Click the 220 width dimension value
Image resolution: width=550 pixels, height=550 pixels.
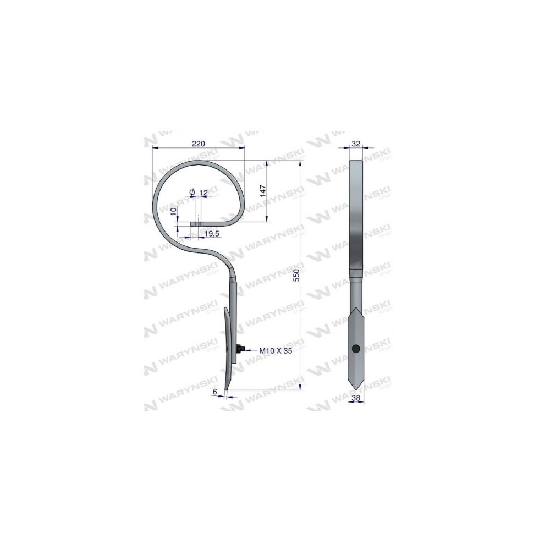point(198,144)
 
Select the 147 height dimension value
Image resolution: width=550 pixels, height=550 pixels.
point(263,190)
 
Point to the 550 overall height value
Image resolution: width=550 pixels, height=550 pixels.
point(296,276)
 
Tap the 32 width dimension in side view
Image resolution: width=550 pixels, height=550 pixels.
point(356,144)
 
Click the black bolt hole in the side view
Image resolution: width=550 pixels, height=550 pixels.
point(356,348)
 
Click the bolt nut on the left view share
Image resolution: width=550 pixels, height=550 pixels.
point(240,349)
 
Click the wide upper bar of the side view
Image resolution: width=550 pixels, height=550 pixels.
point(356,215)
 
